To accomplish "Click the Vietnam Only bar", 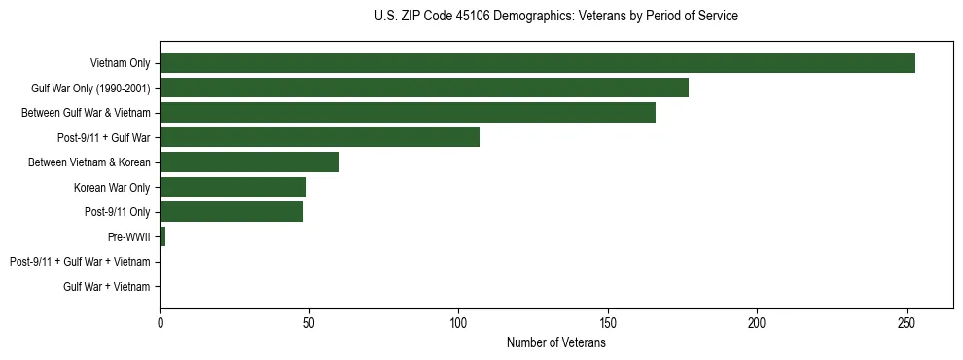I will click(537, 63).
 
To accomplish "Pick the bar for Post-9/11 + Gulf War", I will click(319, 137).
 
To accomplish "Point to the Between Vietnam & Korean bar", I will click(249, 162).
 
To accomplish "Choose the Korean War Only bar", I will click(232, 187).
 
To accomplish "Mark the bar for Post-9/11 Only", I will click(232, 212).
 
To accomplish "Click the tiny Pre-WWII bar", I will click(162, 236).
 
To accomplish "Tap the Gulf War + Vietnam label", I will click(107, 287).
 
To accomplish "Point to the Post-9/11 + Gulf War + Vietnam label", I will click(80, 262).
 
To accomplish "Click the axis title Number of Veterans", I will click(555, 342).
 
